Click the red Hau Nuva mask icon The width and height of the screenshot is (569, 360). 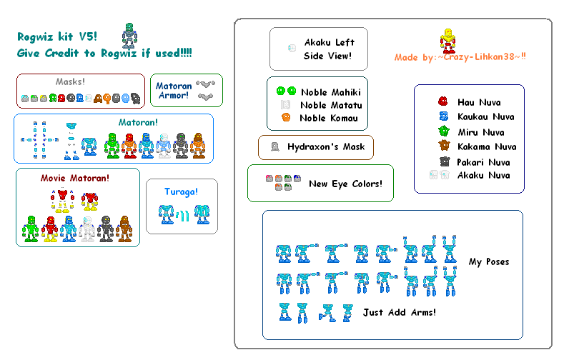pyautogui.click(x=443, y=101)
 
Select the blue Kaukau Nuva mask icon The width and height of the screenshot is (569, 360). pyautogui.click(x=443, y=116)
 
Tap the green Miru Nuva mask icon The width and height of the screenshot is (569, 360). pyautogui.click(x=443, y=131)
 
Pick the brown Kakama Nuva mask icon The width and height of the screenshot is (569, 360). pyautogui.click(x=443, y=146)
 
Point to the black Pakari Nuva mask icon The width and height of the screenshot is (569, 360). pyautogui.click(x=443, y=161)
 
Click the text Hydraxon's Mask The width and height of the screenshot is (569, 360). pyautogui.click(x=326, y=147)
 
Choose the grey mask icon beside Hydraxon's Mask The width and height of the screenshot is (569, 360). pyautogui.click(x=274, y=147)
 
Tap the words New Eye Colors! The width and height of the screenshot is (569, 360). pyautogui.click(x=345, y=184)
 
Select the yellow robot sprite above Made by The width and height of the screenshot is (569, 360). pyautogui.click(x=448, y=41)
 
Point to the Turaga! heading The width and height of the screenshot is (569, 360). pyautogui.click(x=182, y=191)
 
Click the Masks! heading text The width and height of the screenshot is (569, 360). pyautogui.click(x=70, y=81)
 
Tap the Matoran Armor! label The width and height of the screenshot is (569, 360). pyautogui.click(x=174, y=91)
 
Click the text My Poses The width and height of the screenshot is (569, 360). pyautogui.click(x=489, y=261)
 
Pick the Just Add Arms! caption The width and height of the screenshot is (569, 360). pyautogui.click(x=399, y=312)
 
